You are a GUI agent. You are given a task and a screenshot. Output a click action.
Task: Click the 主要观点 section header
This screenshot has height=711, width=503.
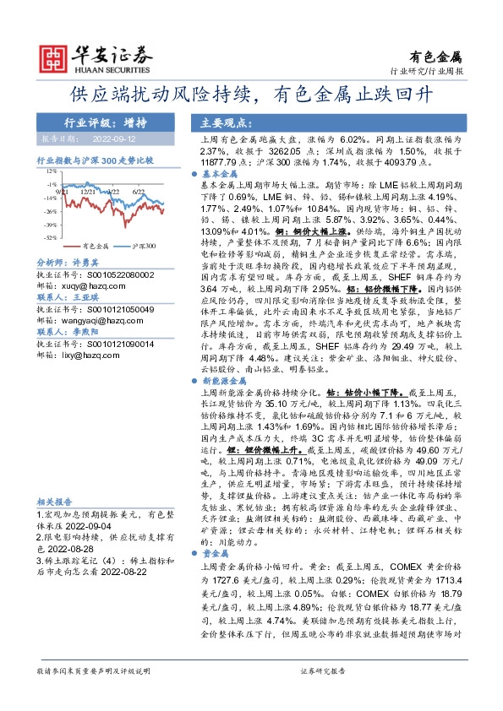[216, 121]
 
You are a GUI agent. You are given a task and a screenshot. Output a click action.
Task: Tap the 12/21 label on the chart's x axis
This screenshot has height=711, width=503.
[87, 192]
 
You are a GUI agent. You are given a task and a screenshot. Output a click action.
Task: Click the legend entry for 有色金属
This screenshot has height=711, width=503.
[95, 247]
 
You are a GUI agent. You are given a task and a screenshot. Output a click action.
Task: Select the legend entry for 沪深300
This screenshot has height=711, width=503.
[143, 247]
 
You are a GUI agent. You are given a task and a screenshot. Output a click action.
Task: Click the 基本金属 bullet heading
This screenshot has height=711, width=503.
[219, 171]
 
